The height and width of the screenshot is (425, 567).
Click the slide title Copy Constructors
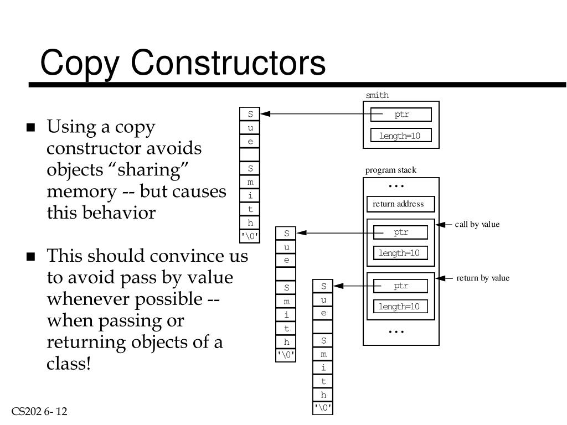tap(183, 62)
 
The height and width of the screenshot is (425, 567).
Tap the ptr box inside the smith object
tap(401, 115)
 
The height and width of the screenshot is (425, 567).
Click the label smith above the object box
tap(377, 95)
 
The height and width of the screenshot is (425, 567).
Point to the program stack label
tap(390, 170)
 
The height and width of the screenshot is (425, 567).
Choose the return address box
tap(400, 204)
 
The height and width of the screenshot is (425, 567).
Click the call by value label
tap(477, 224)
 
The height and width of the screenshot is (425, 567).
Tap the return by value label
tap(482, 278)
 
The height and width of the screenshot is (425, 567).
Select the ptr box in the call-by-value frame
tap(400, 232)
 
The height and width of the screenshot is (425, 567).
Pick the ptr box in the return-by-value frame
tap(400, 286)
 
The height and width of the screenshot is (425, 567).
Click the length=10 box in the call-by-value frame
tap(399, 253)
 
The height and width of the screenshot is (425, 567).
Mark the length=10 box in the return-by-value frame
tap(399, 307)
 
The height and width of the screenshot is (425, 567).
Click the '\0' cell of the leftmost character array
tap(250, 236)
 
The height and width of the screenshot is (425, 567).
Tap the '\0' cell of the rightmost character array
tap(323, 408)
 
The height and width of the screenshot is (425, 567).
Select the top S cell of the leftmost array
tap(250, 114)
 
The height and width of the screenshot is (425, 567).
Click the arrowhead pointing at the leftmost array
tap(265, 114)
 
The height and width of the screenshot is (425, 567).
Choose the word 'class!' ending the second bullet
tap(69, 364)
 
